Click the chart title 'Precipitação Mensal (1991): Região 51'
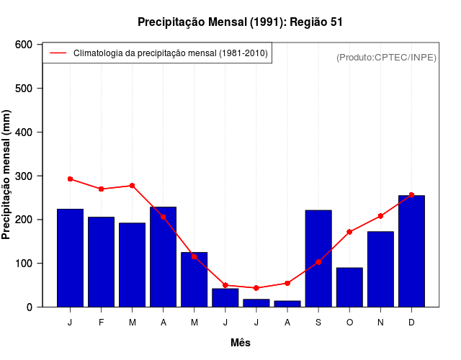click(240, 22)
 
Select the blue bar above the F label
click(101, 262)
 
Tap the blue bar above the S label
click(318, 258)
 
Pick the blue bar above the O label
click(349, 287)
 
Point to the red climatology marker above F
click(101, 189)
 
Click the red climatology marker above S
click(318, 262)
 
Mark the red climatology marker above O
click(349, 232)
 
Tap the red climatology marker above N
click(380, 216)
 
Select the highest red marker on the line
click(70, 179)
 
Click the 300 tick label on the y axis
click(24, 176)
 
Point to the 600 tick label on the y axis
click(24, 45)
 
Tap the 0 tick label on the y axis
click(29, 307)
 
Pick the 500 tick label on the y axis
click(24, 89)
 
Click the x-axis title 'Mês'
click(241, 343)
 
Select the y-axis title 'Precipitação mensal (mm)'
click(7, 175)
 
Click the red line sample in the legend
click(58, 53)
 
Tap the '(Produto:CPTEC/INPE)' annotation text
click(386, 57)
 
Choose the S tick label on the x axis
click(318, 323)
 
